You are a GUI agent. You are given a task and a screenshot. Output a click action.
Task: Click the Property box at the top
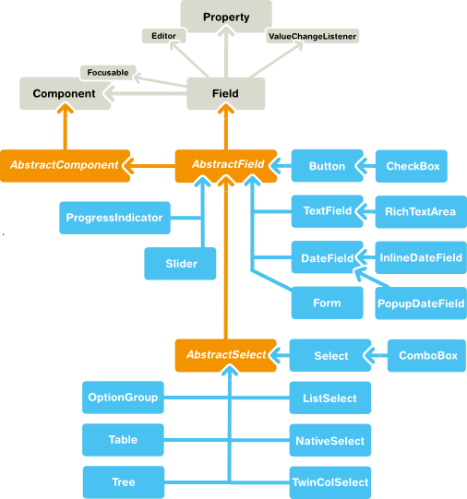point(226,18)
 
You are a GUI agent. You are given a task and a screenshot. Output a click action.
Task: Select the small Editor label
point(165,36)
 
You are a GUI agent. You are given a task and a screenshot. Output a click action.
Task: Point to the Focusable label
point(108,71)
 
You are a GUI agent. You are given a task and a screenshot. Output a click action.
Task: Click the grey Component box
point(64,93)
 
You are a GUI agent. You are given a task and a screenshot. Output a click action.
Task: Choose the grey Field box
point(225,93)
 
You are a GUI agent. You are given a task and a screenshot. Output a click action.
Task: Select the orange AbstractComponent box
point(64,165)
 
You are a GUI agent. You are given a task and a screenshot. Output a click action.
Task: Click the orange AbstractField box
point(227,165)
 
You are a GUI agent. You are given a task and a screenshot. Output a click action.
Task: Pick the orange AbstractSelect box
point(226,354)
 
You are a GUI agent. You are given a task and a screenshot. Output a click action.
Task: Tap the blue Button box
point(327,166)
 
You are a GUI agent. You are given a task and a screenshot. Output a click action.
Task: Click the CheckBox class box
point(412,166)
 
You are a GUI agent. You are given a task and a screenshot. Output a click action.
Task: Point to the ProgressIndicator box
point(114,218)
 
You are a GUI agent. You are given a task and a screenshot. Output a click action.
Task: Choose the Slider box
point(181,264)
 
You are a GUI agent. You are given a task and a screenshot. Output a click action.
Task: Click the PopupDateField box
point(421,303)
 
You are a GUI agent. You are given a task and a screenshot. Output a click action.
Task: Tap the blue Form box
point(326,303)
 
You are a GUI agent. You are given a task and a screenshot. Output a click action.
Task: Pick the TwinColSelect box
point(330,481)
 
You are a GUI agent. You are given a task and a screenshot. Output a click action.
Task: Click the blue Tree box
point(123,481)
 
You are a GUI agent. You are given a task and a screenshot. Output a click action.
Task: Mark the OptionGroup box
point(123,398)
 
